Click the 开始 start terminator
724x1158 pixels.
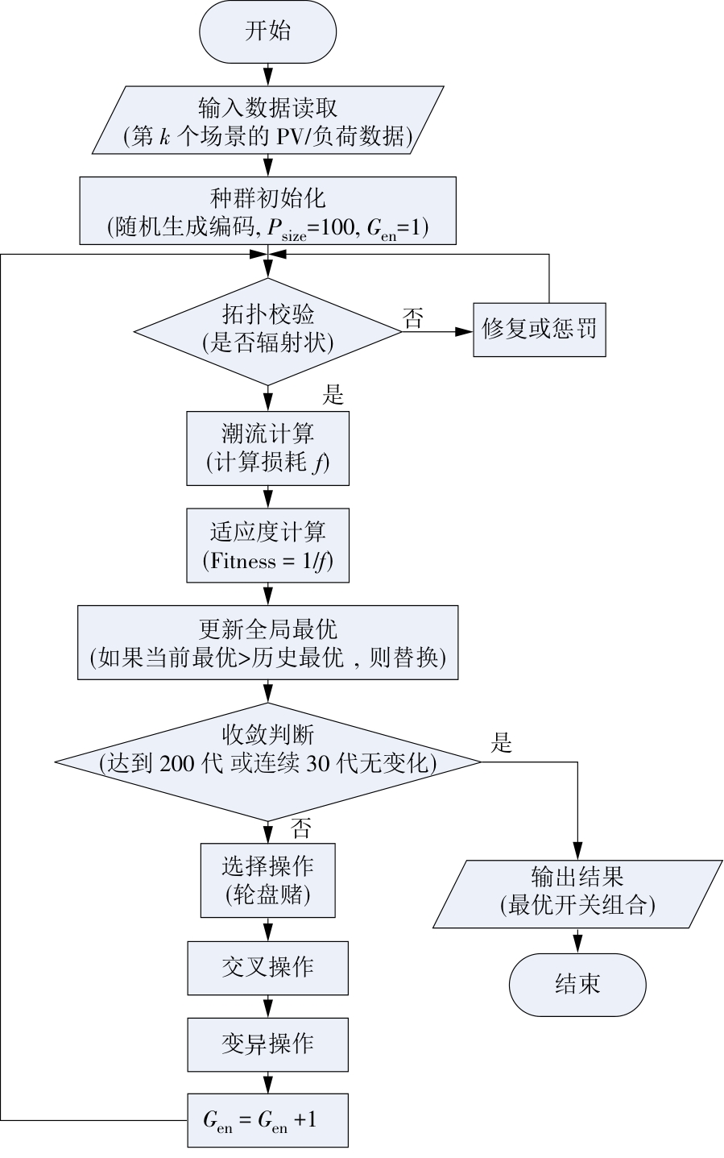click(x=267, y=31)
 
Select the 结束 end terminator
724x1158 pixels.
click(x=577, y=985)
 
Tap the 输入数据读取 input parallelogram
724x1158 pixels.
click(x=267, y=120)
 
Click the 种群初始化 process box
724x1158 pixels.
click(x=267, y=210)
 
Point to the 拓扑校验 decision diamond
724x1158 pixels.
click(x=267, y=332)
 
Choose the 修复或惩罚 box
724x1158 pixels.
click(x=540, y=330)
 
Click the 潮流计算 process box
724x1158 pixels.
click(x=267, y=448)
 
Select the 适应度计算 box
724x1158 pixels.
click(x=267, y=546)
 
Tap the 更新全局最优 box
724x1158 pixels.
click(x=267, y=642)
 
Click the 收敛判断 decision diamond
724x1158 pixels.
click(x=267, y=762)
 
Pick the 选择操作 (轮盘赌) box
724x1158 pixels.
click(x=267, y=881)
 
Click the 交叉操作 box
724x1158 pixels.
click(x=267, y=968)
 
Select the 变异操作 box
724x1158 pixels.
click(x=267, y=1045)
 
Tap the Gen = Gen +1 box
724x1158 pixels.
click(x=267, y=1120)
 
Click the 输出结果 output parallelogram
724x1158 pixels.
click(x=577, y=894)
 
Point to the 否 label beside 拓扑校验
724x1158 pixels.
click(x=413, y=318)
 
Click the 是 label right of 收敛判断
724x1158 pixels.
click(x=501, y=743)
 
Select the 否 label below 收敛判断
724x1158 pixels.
click(x=300, y=828)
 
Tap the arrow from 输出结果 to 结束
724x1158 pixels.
click(x=577, y=941)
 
